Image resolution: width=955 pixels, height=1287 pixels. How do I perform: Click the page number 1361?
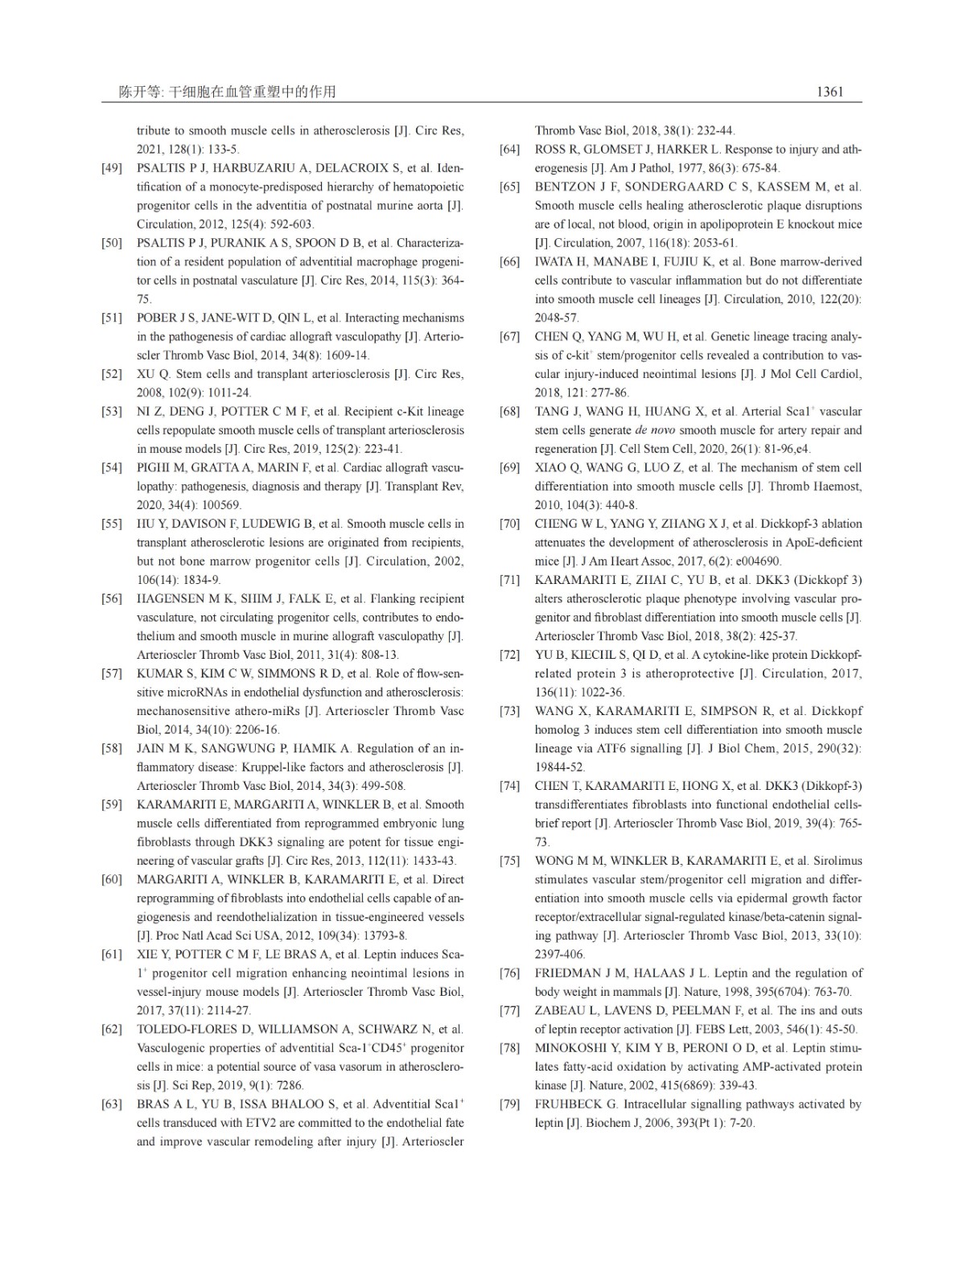829,92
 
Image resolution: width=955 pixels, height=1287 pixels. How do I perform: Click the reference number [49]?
112,168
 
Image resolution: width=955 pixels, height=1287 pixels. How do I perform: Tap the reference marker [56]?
112,598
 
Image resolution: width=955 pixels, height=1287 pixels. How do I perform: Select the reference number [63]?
112,1104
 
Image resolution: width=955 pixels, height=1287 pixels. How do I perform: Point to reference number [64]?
509,150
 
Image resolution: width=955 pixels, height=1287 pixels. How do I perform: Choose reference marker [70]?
509,524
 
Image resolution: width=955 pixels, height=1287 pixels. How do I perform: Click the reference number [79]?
509,1104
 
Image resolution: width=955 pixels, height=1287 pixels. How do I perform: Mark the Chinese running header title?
227,92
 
